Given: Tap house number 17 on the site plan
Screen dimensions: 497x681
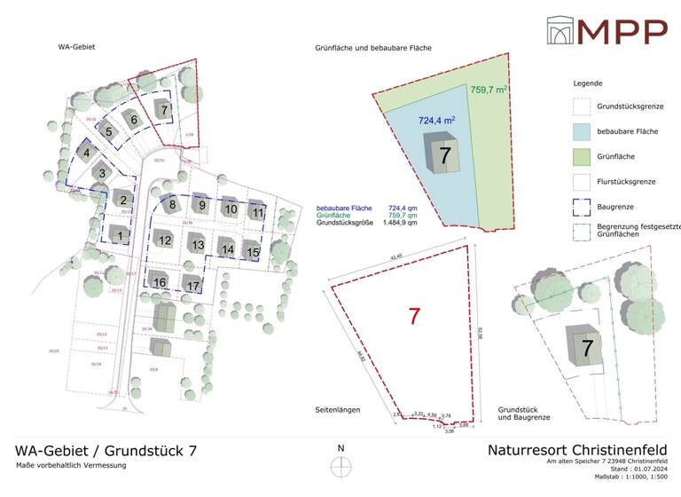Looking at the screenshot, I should pos(192,285).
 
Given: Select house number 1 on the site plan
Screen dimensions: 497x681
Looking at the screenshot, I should pos(120,235).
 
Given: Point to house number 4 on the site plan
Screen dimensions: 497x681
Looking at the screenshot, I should pos(87,153).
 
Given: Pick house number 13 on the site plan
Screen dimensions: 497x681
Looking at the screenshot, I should pos(198,244).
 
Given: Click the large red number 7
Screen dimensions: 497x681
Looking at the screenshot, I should pos(414,315).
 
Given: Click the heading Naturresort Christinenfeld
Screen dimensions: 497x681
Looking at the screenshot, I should pos(576,449).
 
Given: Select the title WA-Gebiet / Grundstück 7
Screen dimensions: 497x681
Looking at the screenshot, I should pos(106,451).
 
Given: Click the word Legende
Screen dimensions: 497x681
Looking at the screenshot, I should pos(588,83).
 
